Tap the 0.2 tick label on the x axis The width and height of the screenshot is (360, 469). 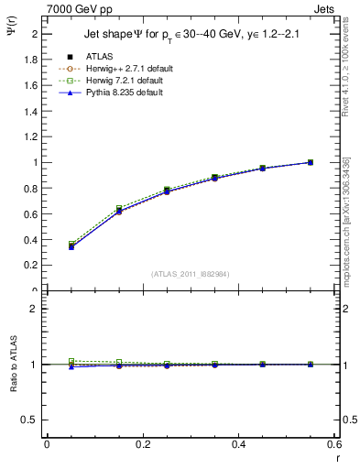pos(143,444)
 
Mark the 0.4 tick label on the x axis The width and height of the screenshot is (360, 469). pos(239,444)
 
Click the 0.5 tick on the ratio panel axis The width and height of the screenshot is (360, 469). pos(32,420)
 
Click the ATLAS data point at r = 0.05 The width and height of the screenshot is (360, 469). pos(71,246)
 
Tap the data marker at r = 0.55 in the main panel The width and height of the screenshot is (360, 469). pos(311,162)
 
